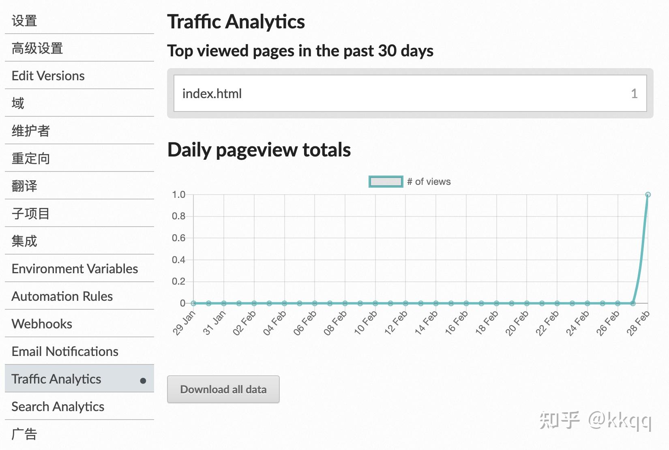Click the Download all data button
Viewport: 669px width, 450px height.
pyautogui.click(x=223, y=389)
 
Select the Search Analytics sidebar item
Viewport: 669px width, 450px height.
pyautogui.click(x=58, y=406)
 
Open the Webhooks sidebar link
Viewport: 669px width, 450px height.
pyautogui.click(x=42, y=324)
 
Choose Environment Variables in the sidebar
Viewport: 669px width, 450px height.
pyautogui.click(x=75, y=268)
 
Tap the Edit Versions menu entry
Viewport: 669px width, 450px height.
pyautogui.click(x=48, y=76)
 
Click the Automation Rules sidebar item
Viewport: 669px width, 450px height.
pyautogui.click(x=62, y=296)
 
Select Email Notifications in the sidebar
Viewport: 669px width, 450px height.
pyautogui.click(x=65, y=351)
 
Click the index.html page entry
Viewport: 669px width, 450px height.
pyautogui.click(x=212, y=94)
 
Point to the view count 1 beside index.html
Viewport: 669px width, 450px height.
pyautogui.click(x=634, y=94)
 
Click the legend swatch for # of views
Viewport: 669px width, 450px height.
pyautogui.click(x=386, y=182)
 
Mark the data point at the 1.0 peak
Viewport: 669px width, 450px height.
pyautogui.click(x=648, y=195)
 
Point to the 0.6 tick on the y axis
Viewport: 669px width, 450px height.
pyautogui.click(x=178, y=238)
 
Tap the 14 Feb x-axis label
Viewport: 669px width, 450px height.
pyautogui.click(x=426, y=323)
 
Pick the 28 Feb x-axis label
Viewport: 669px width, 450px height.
pyautogui.click(x=638, y=323)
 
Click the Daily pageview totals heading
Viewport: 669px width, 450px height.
pyautogui.click(x=259, y=150)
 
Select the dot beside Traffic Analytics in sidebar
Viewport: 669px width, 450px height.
pyautogui.click(x=143, y=381)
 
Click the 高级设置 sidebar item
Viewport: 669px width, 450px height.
pyautogui.click(x=37, y=48)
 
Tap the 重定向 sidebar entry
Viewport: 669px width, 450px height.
pyautogui.click(x=31, y=159)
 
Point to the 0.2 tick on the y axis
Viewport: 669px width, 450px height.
pyautogui.click(x=178, y=281)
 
